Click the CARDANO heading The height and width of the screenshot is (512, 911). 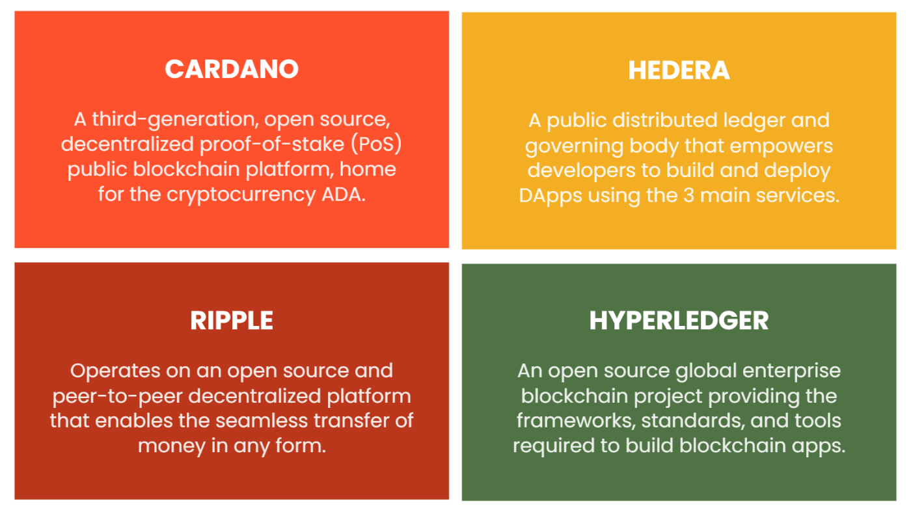click(x=232, y=69)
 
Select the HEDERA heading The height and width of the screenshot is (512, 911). click(x=679, y=70)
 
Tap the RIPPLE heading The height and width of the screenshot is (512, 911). click(x=232, y=321)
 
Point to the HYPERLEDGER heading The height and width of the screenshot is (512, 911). click(x=679, y=321)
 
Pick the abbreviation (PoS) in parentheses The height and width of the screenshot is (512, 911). click(x=376, y=144)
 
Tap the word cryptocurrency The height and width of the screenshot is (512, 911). click(x=241, y=195)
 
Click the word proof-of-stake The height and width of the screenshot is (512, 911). click(x=272, y=144)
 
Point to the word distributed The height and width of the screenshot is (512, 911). click(x=664, y=120)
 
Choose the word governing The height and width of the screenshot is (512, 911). click(x=574, y=146)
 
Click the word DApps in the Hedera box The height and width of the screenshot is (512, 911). click(x=551, y=196)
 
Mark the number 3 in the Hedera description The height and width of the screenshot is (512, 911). click(x=688, y=196)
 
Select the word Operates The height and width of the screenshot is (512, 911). click(x=115, y=371)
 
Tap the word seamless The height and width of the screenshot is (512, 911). click(x=262, y=421)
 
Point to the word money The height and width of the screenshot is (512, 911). click(x=171, y=446)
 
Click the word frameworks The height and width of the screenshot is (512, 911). click(x=576, y=421)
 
